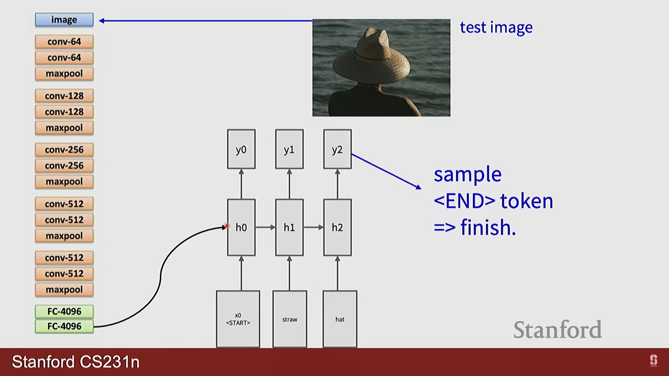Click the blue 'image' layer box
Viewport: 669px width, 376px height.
tap(64, 20)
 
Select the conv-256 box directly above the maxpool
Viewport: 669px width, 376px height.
tap(64, 166)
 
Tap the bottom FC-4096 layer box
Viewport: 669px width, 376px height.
tap(64, 327)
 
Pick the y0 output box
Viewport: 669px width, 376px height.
tap(241, 149)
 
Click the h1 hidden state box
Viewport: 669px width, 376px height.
tap(289, 227)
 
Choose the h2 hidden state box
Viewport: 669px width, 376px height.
tap(337, 227)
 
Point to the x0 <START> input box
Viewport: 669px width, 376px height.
tap(238, 319)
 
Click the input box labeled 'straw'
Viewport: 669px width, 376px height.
tap(290, 319)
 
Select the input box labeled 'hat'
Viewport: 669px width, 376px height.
tap(340, 319)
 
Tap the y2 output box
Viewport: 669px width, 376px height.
tap(337, 149)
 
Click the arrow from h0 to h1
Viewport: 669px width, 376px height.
tap(265, 227)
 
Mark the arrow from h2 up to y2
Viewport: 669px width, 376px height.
tap(337, 184)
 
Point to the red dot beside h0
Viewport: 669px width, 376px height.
tap(227, 226)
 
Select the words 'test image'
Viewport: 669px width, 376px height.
tap(496, 28)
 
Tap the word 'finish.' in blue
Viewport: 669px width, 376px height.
tap(488, 227)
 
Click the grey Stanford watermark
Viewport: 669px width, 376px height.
tap(557, 330)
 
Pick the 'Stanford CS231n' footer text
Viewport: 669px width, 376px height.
tap(76, 362)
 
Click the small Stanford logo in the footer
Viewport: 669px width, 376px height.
tap(653, 361)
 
